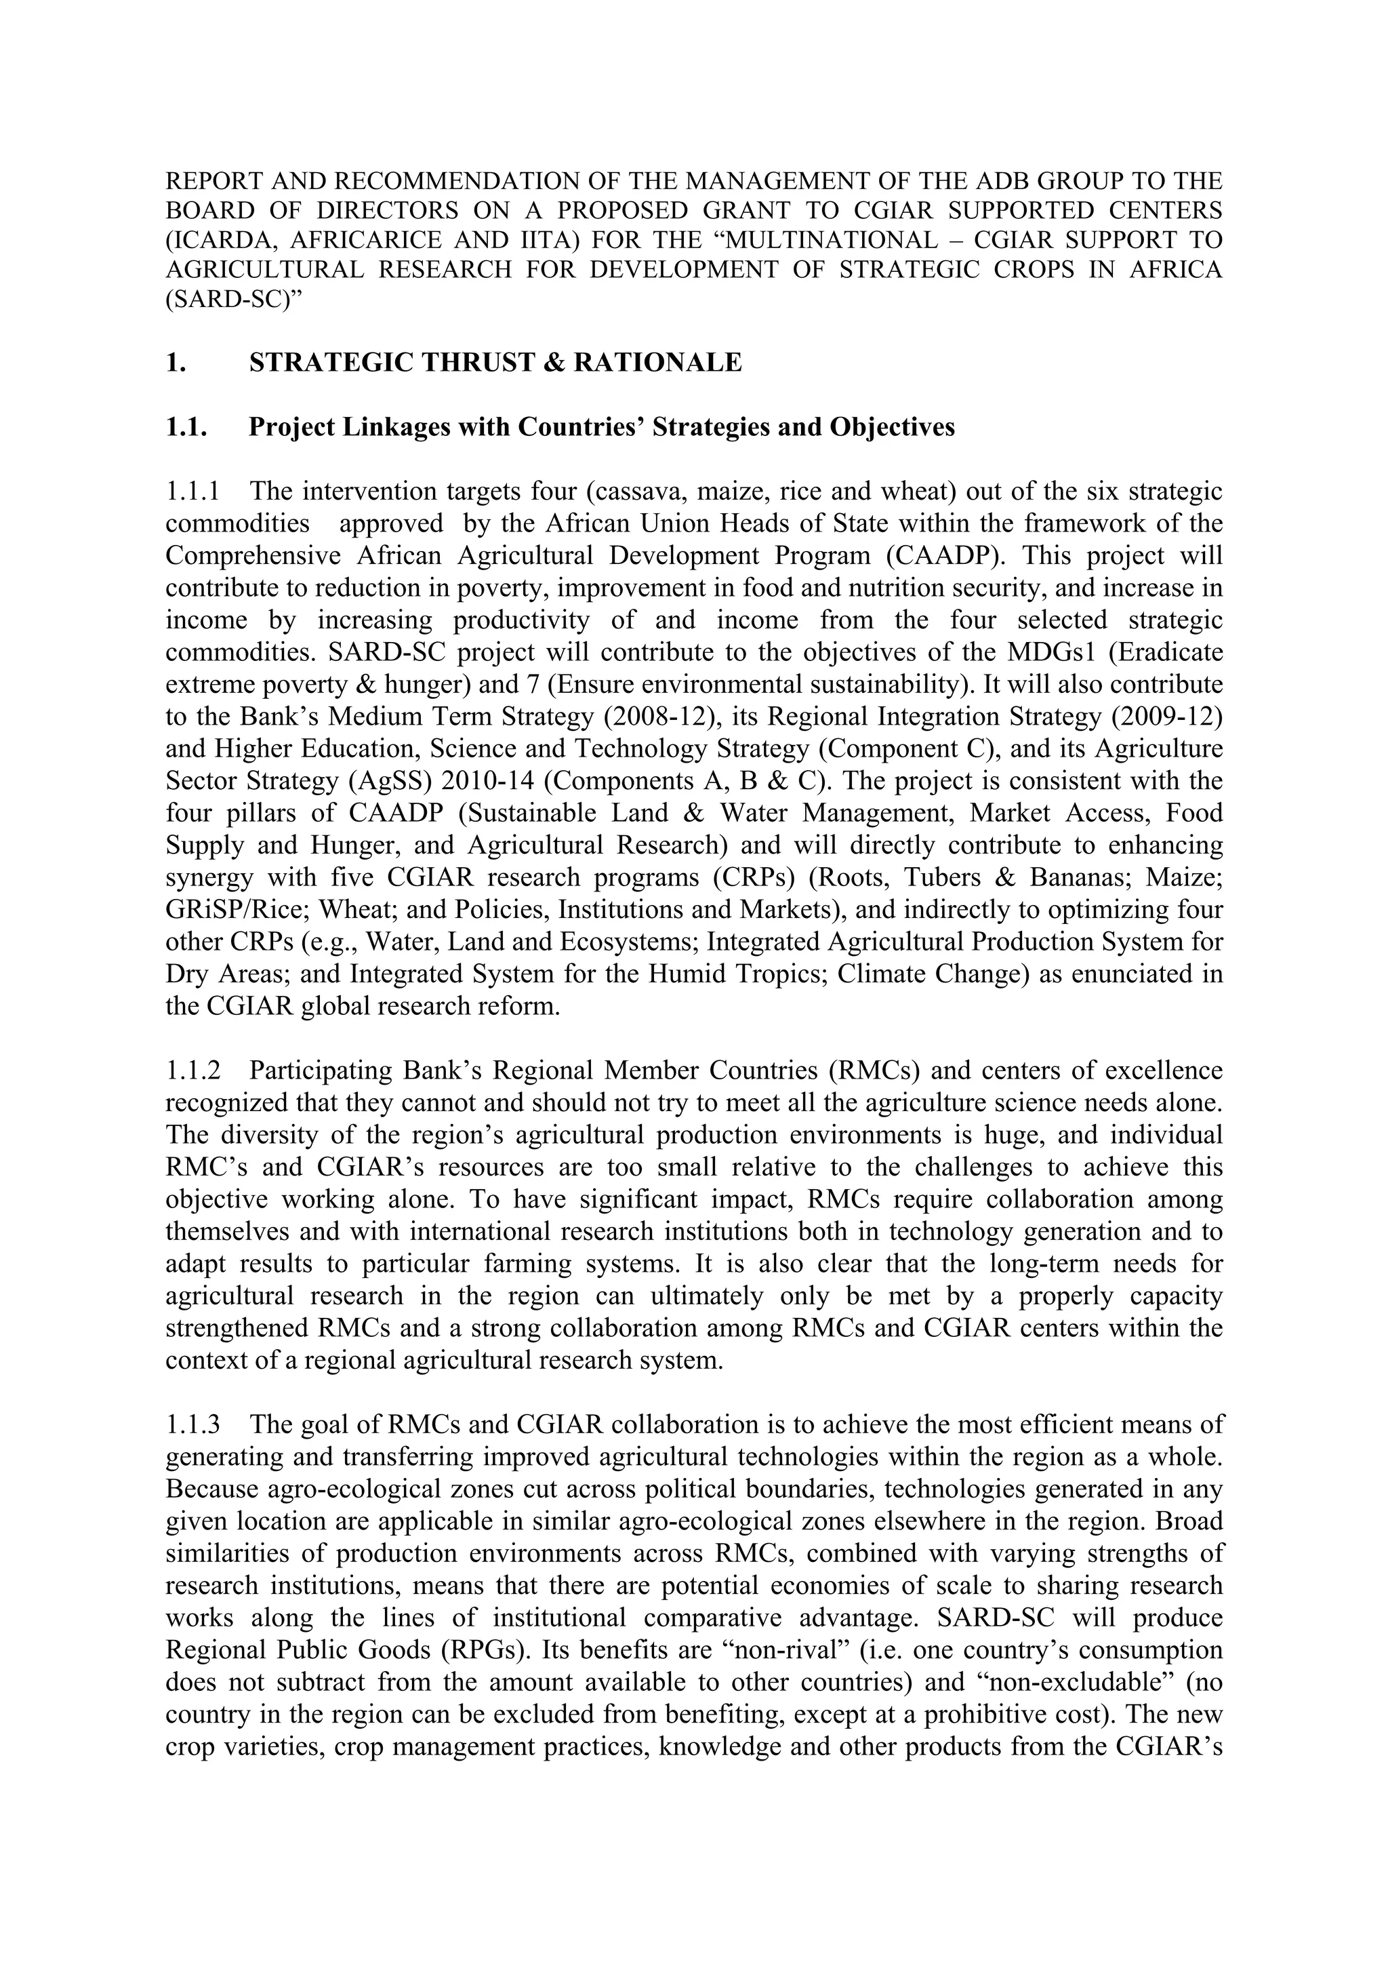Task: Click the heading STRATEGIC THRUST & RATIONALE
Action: pos(495,363)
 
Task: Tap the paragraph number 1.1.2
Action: pos(192,1071)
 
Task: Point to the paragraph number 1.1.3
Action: pos(192,1424)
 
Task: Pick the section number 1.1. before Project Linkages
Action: pos(186,427)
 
